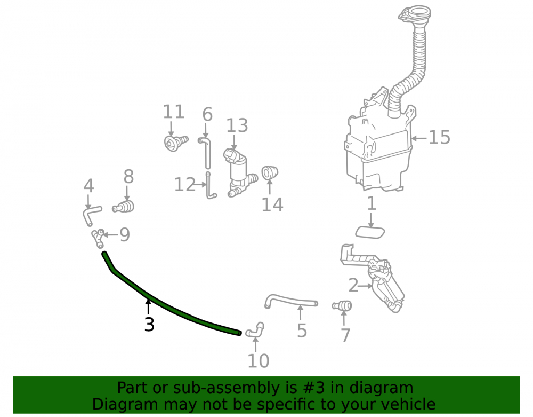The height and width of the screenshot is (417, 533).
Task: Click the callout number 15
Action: coord(439,137)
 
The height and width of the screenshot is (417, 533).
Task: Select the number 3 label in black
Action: coord(149,325)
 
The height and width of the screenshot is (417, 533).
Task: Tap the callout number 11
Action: coord(174,112)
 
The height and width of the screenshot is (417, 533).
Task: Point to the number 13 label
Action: coord(237,125)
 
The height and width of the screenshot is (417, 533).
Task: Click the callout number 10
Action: coord(259,361)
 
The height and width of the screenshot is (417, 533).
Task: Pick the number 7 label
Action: coord(345,335)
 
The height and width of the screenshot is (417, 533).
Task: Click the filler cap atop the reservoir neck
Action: coord(415,13)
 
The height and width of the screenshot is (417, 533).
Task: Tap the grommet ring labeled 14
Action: coord(270,172)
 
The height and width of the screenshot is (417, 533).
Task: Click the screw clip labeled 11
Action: coord(176,143)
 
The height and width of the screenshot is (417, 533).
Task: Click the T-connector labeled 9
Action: coord(98,238)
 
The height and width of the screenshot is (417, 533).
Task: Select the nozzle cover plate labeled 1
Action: coord(370,232)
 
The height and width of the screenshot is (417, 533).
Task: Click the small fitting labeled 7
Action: coord(342,305)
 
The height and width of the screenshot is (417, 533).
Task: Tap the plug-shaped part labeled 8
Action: coord(124,206)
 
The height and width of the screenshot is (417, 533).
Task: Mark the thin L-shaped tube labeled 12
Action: coord(210,186)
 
